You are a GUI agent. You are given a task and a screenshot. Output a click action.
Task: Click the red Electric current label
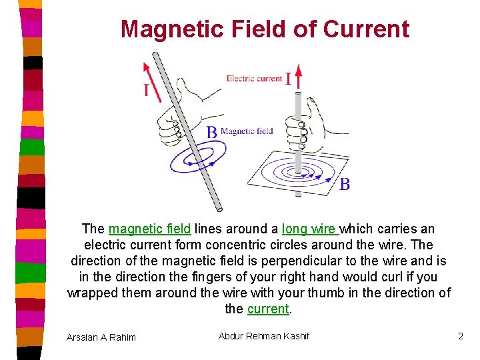click(254, 78)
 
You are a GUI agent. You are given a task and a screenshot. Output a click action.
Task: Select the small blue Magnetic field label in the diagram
click(246, 131)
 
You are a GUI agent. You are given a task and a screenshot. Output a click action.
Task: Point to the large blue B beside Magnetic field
click(211, 132)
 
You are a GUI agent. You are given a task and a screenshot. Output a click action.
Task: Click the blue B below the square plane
click(344, 184)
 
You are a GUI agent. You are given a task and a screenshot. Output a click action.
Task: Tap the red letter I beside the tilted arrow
click(146, 90)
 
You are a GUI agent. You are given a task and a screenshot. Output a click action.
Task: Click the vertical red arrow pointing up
click(298, 76)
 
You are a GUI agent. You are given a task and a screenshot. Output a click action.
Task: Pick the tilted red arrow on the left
click(152, 81)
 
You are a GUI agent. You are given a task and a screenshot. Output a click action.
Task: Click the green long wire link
click(310, 229)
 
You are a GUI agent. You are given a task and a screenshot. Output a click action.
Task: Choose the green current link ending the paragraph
click(268, 309)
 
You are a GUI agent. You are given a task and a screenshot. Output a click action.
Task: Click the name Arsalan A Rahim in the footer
click(101, 337)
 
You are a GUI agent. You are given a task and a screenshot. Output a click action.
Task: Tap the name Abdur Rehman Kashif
click(263, 336)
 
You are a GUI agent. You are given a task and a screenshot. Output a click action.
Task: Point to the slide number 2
click(460, 336)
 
